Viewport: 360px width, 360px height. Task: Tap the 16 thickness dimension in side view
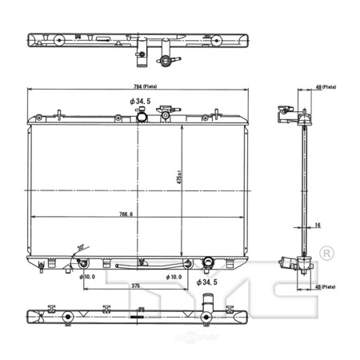tap(317, 226)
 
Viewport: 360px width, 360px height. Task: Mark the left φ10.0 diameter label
tap(87, 276)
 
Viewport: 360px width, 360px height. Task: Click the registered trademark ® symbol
tap(326, 254)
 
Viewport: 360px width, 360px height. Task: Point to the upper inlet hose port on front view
tap(141, 118)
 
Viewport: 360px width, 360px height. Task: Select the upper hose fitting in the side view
tap(283, 115)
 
